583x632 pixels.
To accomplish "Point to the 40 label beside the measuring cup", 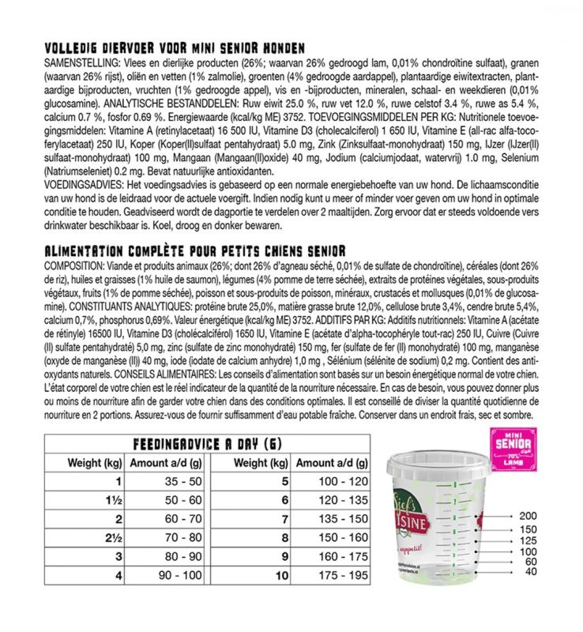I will tap(529, 571).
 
